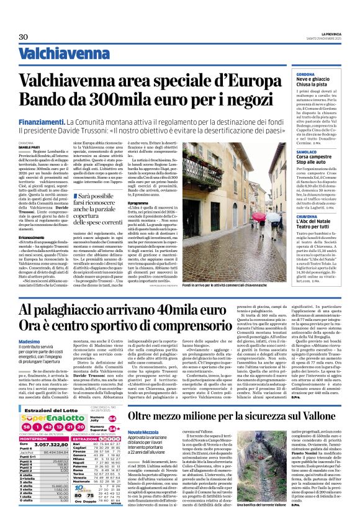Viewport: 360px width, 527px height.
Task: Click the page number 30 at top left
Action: tap(23, 37)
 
